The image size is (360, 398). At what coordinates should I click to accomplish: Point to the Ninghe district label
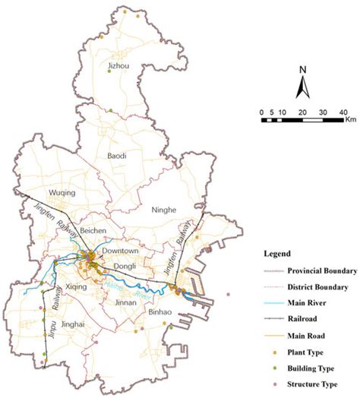pos(164,209)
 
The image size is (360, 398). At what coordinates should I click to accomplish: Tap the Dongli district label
pos(125,266)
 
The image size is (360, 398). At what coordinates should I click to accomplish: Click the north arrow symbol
pos(302,84)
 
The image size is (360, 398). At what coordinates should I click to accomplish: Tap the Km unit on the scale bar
pos(350,119)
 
